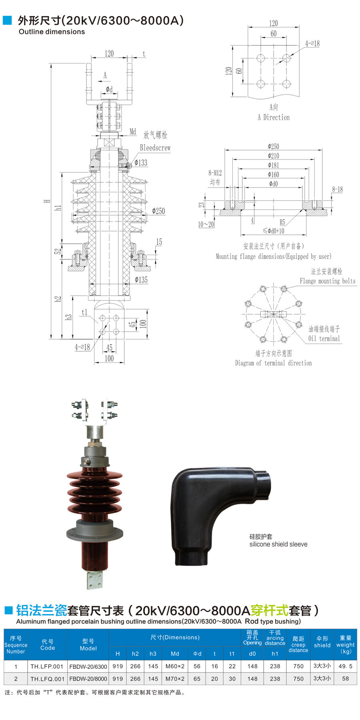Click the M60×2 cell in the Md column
pyautogui.click(x=175, y=666)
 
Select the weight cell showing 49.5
pyautogui.click(x=346, y=666)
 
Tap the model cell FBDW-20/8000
pyautogui.click(x=88, y=679)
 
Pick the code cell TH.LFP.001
pyautogui.click(x=47, y=666)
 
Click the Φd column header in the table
pyautogui.click(x=197, y=654)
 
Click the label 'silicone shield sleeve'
pyautogui.click(x=278, y=544)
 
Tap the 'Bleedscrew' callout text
pyautogui.click(x=155, y=148)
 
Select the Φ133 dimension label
pyautogui.click(x=141, y=162)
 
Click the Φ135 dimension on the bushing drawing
pyautogui.click(x=141, y=280)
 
